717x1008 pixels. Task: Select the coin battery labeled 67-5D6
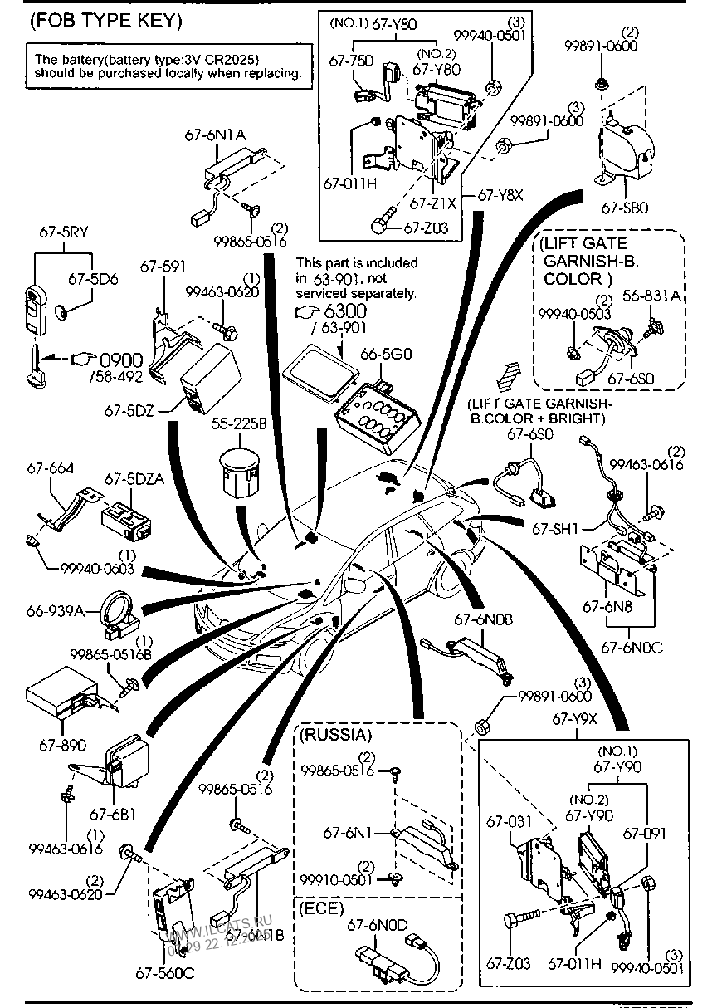click(65, 314)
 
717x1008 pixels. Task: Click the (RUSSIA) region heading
click(336, 735)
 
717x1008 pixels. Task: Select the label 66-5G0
click(381, 354)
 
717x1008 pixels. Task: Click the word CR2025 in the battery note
click(230, 59)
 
